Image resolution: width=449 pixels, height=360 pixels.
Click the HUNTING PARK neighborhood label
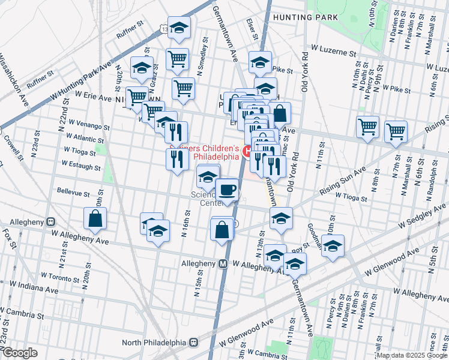point(301,17)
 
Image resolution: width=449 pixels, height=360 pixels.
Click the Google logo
point(19,353)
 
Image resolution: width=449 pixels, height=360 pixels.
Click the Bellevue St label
point(73,194)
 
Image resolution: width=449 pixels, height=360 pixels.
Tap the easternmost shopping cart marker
point(396,131)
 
